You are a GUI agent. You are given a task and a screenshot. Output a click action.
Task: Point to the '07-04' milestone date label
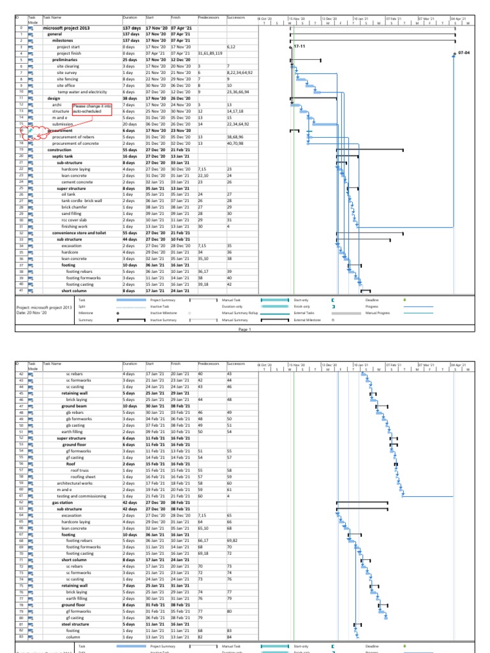coord(463,54)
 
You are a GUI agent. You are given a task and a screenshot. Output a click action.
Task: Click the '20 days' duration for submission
coord(130,124)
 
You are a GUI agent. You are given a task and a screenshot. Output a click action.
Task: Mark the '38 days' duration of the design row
coord(130,99)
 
